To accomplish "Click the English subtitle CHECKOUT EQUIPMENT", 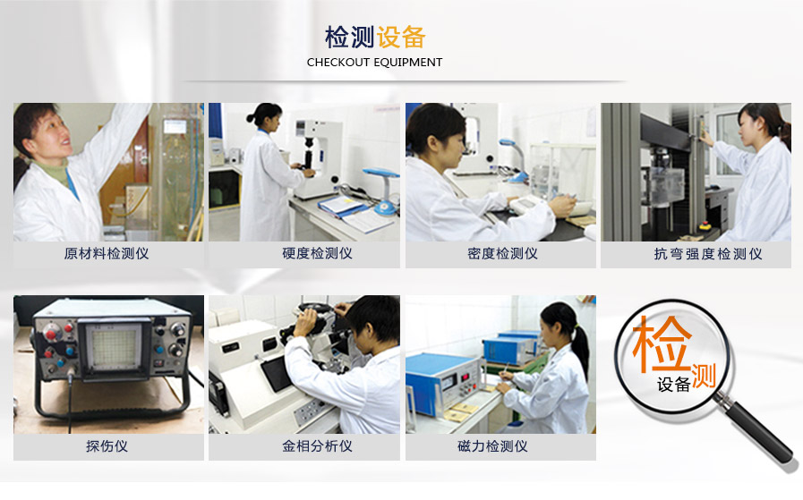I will [374, 63].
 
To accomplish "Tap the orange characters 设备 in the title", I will [401, 38].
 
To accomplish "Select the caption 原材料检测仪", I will [107, 254].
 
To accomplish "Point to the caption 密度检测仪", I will [502, 254].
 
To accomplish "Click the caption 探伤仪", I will [107, 446].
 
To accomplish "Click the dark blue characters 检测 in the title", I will [349, 38].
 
